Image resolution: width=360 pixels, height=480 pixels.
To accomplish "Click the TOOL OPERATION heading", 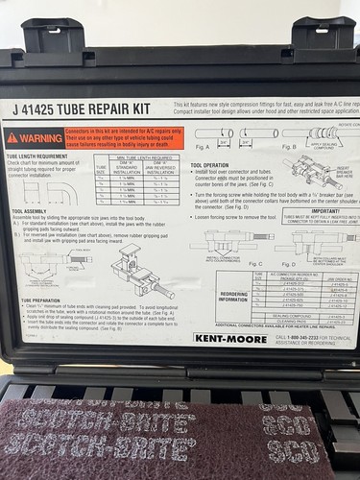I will (x=210, y=165).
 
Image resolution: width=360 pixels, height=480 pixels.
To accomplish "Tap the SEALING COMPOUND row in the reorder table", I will (x=288, y=314).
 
